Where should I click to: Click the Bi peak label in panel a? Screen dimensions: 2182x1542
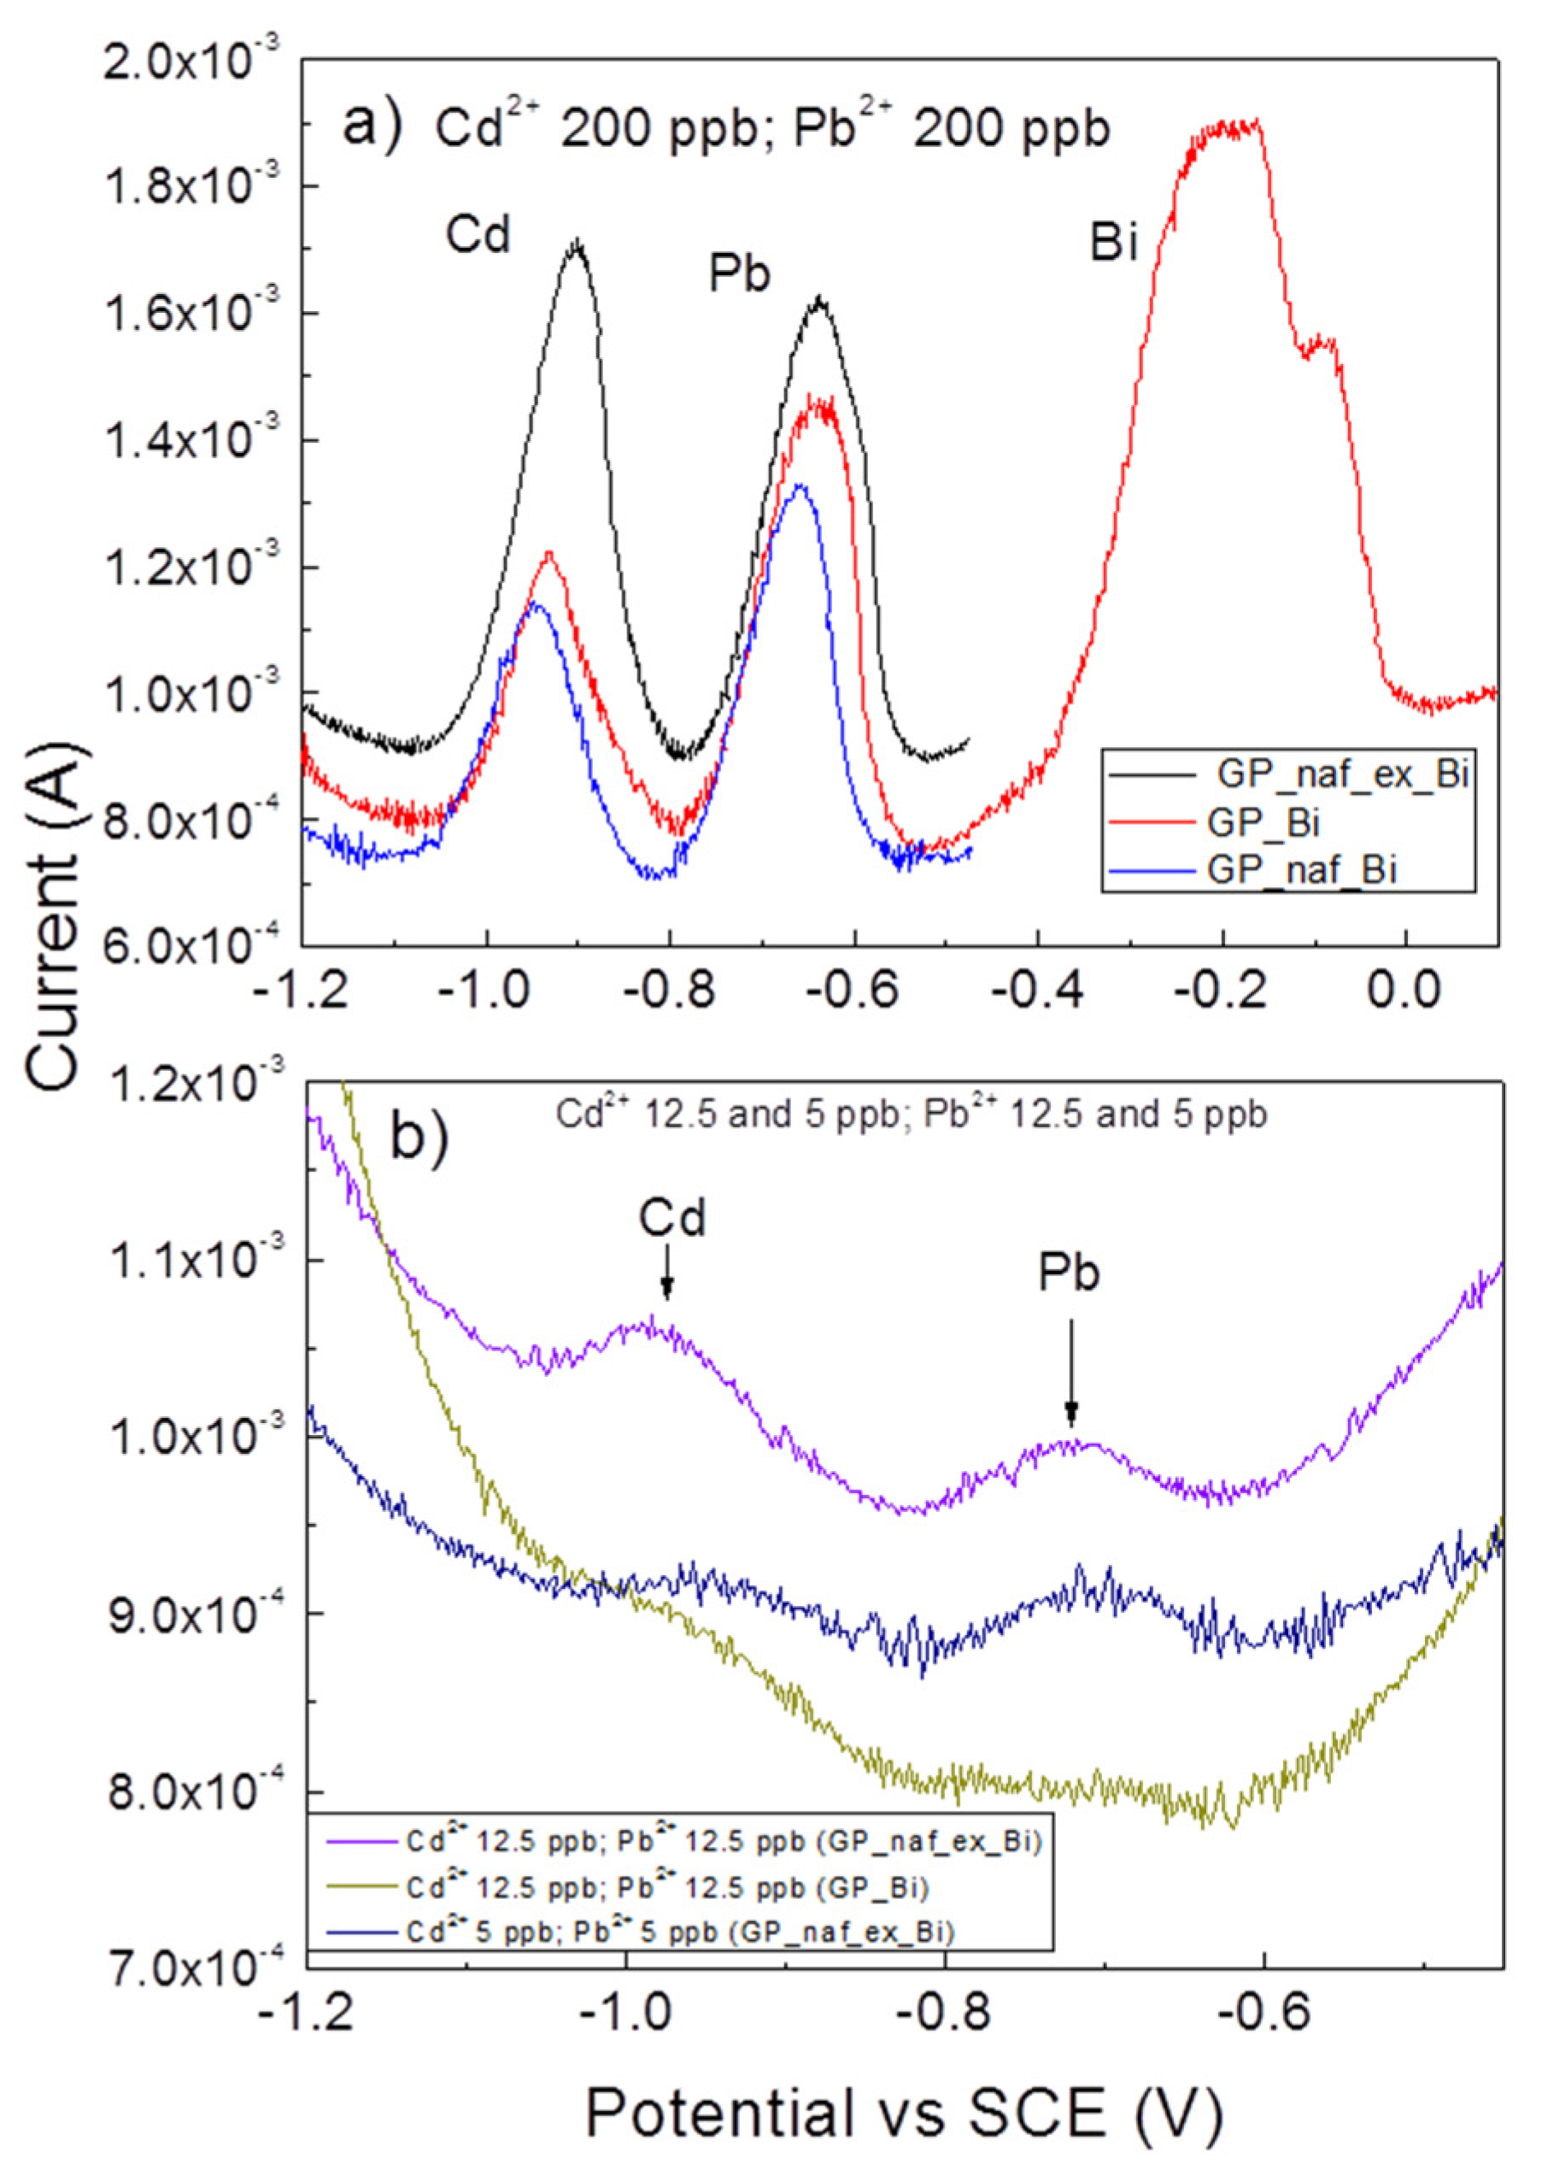1112,244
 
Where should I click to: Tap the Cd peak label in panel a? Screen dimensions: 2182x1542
480,234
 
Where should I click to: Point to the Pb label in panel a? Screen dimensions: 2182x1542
739,275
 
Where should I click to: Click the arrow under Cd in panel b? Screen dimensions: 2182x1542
667,1273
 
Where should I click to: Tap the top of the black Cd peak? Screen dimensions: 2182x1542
576,243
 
